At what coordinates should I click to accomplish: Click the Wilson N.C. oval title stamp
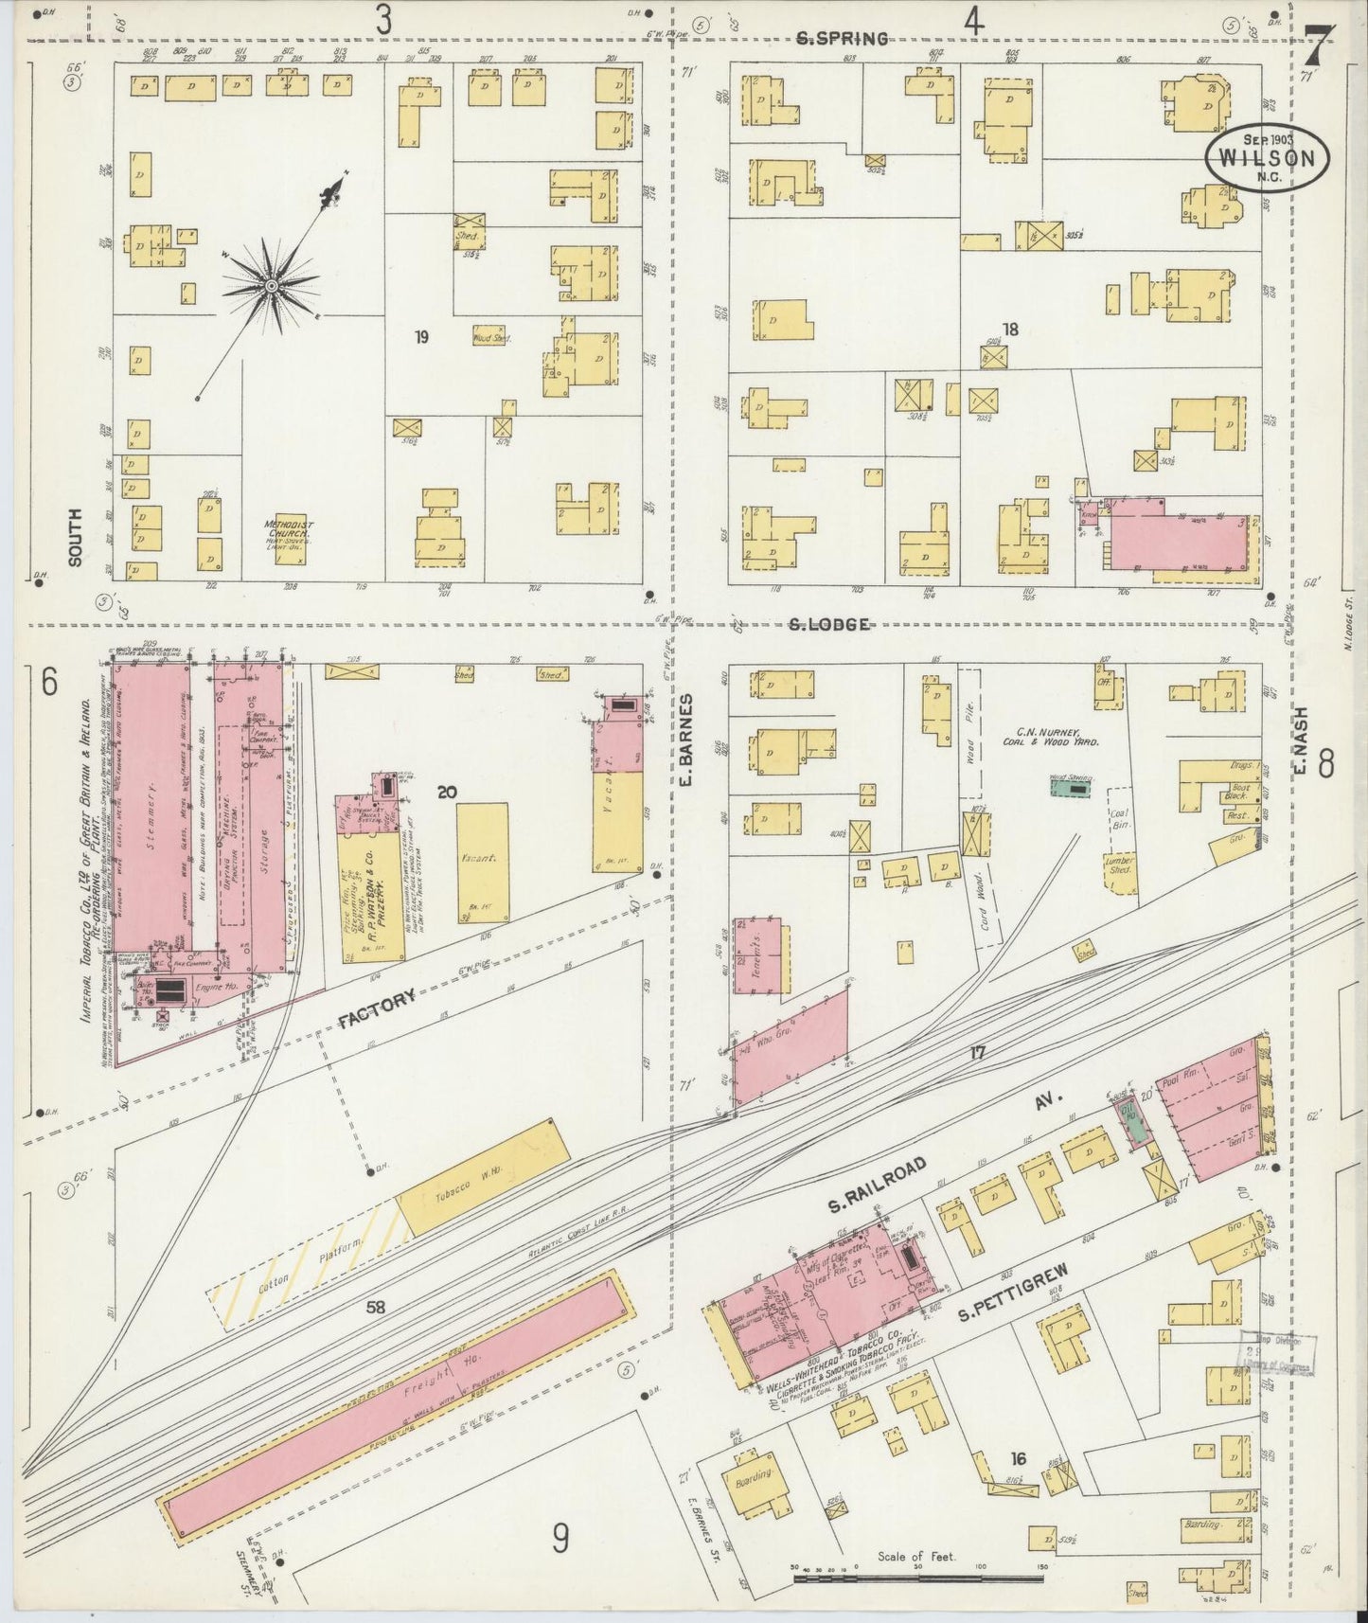[1267, 156]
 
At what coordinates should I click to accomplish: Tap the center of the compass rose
[271, 284]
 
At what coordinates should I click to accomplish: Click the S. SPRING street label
[842, 39]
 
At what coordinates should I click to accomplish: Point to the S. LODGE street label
[830, 624]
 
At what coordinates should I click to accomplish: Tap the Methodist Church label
[290, 530]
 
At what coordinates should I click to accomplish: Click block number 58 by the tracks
[376, 1307]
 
